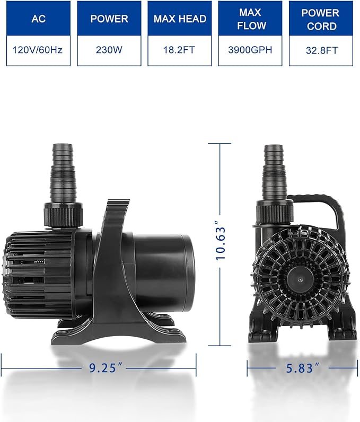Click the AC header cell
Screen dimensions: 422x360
(x=39, y=19)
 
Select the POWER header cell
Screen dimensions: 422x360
(x=109, y=19)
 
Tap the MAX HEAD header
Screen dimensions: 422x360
(x=179, y=19)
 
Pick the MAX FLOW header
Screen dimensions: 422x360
(x=250, y=19)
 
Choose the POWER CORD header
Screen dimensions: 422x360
(x=320, y=19)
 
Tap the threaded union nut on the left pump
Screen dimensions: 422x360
(x=62, y=214)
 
